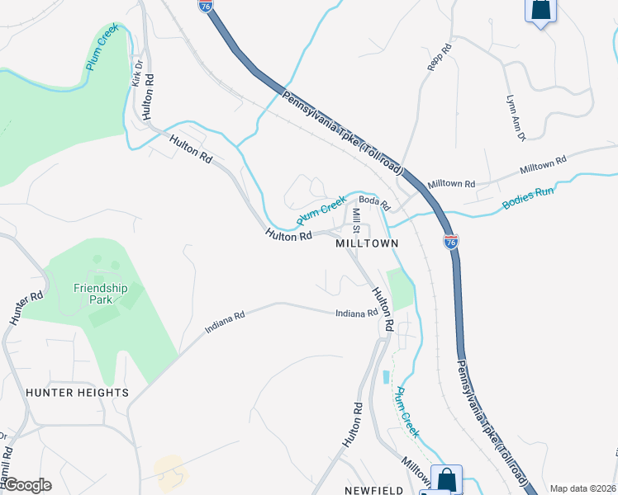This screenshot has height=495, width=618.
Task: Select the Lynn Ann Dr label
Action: (x=515, y=116)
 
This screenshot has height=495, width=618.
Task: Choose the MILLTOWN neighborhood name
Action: (x=367, y=244)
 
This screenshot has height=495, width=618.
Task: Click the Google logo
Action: (x=26, y=485)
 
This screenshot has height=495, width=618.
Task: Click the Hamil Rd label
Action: (x=7, y=467)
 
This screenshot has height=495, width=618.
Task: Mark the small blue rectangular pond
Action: (x=386, y=377)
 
